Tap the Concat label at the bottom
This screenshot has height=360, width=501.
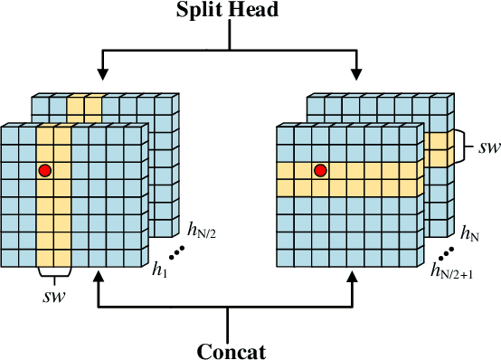pyautogui.click(x=231, y=348)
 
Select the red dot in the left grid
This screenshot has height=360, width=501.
pyautogui.click(x=44, y=169)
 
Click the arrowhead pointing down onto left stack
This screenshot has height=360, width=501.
pyautogui.click(x=101, y=71)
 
